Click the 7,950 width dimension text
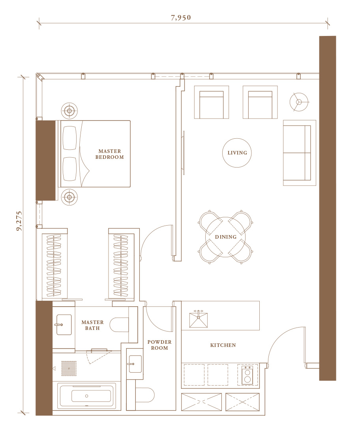(181, 18)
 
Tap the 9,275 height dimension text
(19, 221)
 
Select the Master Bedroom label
(110, 154)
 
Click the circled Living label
(237, 153)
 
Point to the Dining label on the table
(226, 237)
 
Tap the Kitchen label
(223, 345)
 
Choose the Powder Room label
(159, 345)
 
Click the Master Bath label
(92, 325)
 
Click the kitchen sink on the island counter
(199, 319)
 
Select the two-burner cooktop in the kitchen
(247, 375)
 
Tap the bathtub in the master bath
(86, 396)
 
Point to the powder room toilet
(145, 395)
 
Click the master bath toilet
(120, 325)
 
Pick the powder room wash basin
(135, 364)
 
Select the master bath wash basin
(64, 325)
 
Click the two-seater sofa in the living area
(299, 153)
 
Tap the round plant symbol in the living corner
(299, 102)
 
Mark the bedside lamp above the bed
(69, 111)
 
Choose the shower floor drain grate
(69, 368)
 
